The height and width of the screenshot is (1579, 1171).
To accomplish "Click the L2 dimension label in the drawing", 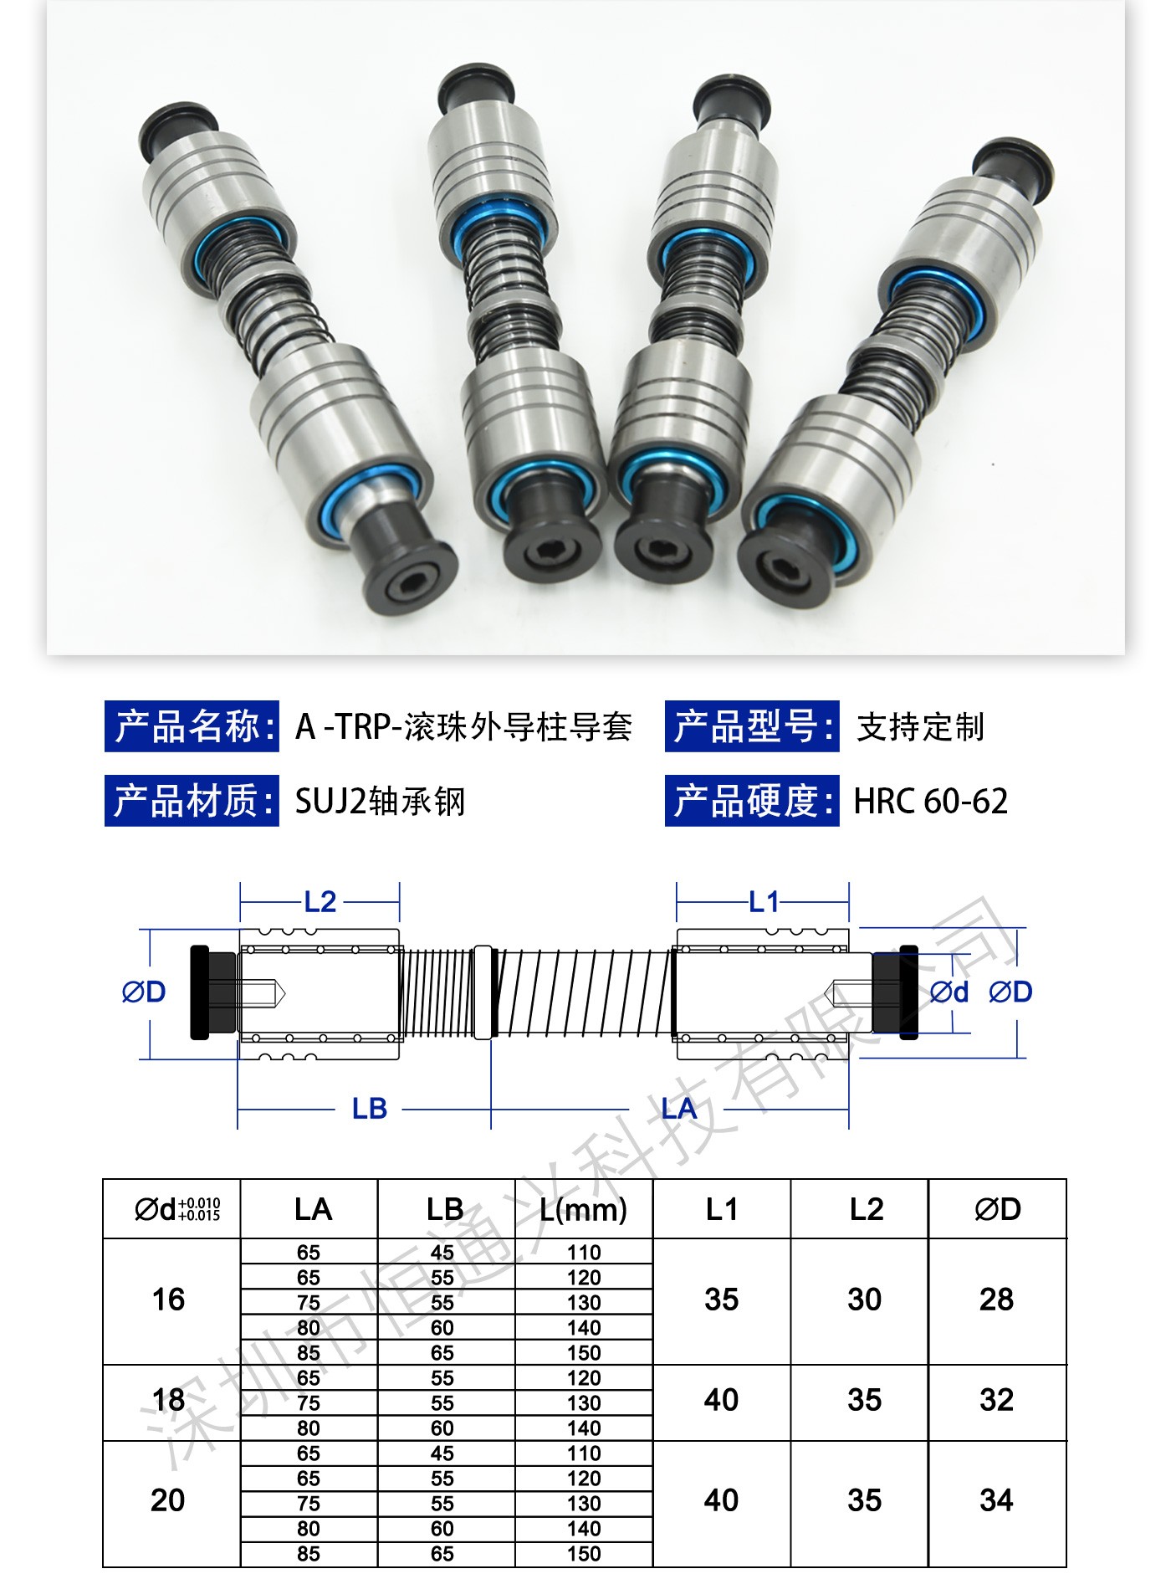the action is tap(320, 902).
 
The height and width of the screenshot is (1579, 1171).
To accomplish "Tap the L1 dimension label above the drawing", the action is tap(764, 902).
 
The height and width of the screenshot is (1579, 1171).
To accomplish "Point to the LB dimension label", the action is tap(370, 1110).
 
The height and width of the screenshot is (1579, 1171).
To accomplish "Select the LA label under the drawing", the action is tap(678, 1110).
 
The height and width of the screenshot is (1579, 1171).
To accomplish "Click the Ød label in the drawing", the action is tap(949, 992).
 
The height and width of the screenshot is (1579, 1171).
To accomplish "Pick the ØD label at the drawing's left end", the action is tap(144, 992).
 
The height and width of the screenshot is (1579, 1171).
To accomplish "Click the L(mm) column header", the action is tap(584, 1210).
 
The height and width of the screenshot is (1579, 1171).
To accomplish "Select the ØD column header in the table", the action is tap(998, 1210).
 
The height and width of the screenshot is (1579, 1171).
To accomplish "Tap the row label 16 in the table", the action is tap(168, 1300).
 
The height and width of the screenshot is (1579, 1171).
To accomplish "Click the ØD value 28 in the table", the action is tap(996, 1300).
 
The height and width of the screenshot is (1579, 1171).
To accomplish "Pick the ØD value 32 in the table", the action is tap(996, 1400).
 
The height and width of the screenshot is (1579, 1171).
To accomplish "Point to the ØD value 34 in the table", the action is tap(996, 1500).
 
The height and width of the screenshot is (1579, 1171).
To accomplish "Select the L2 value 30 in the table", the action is tap(865, 1300).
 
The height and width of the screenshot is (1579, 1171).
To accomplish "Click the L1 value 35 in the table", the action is tap(721, 1300).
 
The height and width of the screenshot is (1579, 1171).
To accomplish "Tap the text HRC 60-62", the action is tap(930, 802).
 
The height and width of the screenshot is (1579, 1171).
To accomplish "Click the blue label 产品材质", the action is tap(192, 801).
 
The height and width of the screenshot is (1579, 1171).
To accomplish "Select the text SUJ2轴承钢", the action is tap(380, 802).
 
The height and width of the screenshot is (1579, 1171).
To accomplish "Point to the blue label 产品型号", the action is tap(752, 726).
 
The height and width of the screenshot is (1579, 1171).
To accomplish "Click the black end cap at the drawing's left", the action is tap(199, 992).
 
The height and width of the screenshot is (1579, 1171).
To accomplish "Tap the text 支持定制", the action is tap(920, 727).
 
